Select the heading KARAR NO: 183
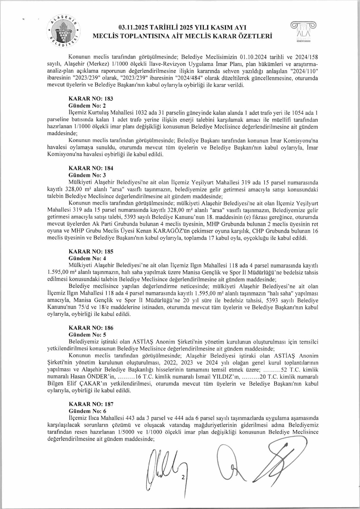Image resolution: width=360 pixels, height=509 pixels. tap(91, 99)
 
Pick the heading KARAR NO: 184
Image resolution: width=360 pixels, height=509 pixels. tap(91, 168)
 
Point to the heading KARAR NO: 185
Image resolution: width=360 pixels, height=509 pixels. tap(91, 252)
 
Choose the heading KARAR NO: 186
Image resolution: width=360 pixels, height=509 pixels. tap(91, 328)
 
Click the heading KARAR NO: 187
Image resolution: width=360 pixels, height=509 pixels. tap(91, 404)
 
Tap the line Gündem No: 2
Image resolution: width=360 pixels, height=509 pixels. tap(87, 106)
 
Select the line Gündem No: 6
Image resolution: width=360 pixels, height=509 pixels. tap(87, 411)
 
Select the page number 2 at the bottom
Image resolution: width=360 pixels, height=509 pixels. tap(183, 477)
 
